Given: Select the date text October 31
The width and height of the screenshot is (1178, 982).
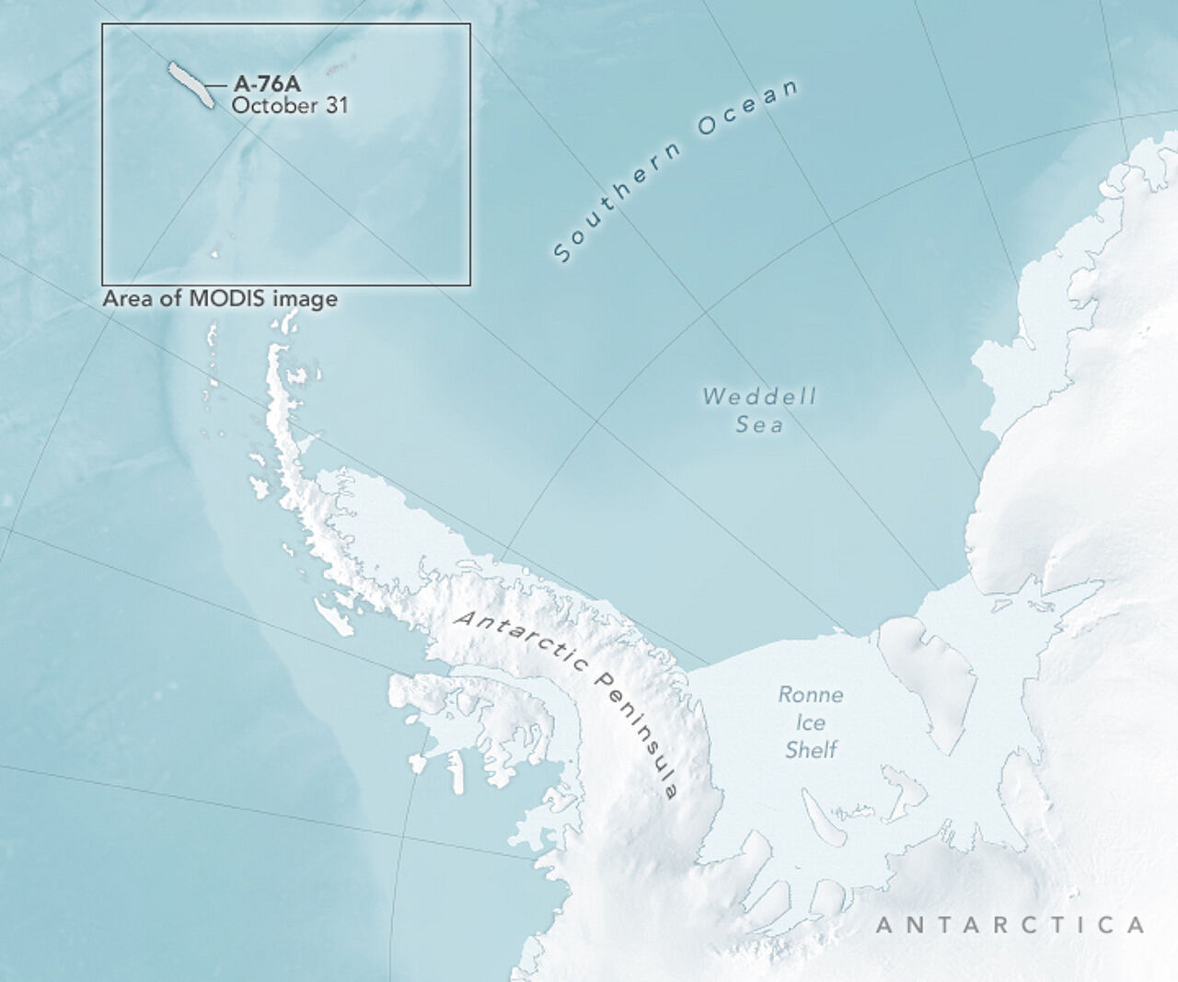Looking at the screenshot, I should click(289, 105).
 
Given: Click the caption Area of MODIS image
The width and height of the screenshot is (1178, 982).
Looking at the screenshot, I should click(219, 299).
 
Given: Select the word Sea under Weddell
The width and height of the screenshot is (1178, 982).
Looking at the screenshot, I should click(759, 424).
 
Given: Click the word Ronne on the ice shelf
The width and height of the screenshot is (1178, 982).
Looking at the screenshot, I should click(810, 695).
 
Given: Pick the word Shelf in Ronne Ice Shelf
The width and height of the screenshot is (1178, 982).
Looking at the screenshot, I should click(811, 750).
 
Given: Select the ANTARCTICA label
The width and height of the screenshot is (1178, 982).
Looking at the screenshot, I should click(1010, 925).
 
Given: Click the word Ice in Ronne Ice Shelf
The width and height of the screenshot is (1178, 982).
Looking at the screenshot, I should click(811, 722).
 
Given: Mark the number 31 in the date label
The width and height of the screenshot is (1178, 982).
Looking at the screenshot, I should click(336, 105).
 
